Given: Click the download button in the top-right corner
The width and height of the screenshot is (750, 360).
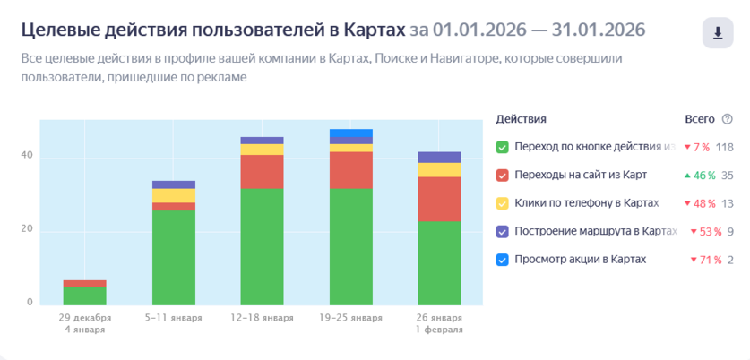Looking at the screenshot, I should pyautogui.click(x=717, y=33).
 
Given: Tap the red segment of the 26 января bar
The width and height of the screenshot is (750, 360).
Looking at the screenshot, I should pyautogui.click(x=439, y=199).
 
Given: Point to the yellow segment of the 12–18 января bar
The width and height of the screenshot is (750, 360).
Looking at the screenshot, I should pyautogui.click(x=262, y=150).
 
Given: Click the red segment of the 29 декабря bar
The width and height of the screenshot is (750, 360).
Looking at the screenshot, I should pyautogui.click(x=84, y=284).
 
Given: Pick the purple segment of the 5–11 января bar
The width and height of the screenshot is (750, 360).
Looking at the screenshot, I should pyautogui.click(x=173, y=184).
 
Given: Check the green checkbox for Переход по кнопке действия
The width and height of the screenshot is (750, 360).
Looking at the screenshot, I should pyautogui.click(x=502, y=147).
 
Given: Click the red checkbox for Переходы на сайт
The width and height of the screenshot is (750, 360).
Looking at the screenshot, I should pyautogui.click(x=502, y=175).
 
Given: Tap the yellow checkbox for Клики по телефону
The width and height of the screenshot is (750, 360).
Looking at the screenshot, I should pyautogui.click(x=502, y=203).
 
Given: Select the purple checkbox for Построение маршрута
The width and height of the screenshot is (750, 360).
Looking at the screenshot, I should pyautogui.click(x=502, y=231).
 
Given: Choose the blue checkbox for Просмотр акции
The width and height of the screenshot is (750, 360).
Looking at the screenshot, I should pyautogui.click(x=502, y=260).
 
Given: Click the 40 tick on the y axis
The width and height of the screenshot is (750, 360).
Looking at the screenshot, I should pyautogui.click(x=27, y=157).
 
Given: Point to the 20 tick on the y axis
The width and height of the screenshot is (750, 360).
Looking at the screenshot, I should pyautogui.click(x=27, y=230).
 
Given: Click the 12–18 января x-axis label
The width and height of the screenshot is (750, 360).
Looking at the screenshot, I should pyautogui.click(x=262, y=317).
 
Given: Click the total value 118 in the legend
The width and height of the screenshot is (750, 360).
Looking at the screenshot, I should pyautogui.click(x=724, y=147).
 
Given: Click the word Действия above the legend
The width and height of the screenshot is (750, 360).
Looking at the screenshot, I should pyautogui.click(x=521, y=119).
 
